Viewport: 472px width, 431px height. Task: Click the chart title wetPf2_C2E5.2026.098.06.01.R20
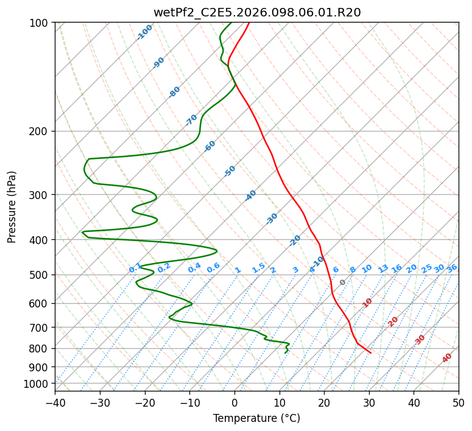click(257, 12)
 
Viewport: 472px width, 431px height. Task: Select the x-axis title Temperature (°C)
click(256, 418)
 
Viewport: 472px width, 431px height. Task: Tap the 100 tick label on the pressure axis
click(41, 23)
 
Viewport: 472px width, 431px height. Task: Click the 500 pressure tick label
click(41, 275)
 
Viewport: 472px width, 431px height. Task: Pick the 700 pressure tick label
click(41, 328)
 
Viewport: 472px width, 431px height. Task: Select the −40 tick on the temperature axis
click(55, 402)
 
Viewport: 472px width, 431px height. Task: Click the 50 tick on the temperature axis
click(459, 402)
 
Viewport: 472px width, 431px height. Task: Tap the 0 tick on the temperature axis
click(234, 402)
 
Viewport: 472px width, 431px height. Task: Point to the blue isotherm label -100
click(144, 32)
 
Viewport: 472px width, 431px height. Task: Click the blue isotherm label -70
click(191, 120)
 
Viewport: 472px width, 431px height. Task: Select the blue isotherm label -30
click(272, 219)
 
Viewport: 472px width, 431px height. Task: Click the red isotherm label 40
click(447, 358)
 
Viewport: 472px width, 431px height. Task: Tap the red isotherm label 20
click(393, 321)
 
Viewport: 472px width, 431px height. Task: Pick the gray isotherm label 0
click(342, 282)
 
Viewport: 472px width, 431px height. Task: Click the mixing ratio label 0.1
click(135, 268)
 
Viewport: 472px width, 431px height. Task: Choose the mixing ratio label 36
click(452, 268)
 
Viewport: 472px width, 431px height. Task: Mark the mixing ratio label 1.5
click(258, 268)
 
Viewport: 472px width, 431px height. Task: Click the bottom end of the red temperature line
click(370, 352)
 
